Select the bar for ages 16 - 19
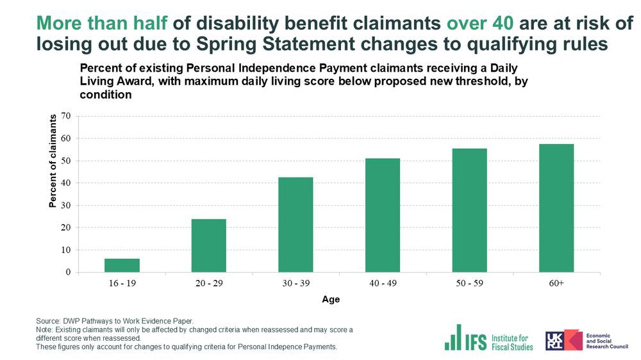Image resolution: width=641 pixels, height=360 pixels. click(122, 265)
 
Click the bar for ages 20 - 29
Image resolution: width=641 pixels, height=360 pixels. click(209, 246)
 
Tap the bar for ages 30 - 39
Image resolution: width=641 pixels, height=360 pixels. click(296, 225)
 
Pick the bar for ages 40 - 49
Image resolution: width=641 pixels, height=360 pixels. click(383, 215)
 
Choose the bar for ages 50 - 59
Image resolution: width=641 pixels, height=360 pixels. click(469, 210)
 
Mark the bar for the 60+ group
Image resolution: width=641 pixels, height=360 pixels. click(556, 208)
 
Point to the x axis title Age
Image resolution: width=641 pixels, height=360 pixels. click(331, 299)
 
